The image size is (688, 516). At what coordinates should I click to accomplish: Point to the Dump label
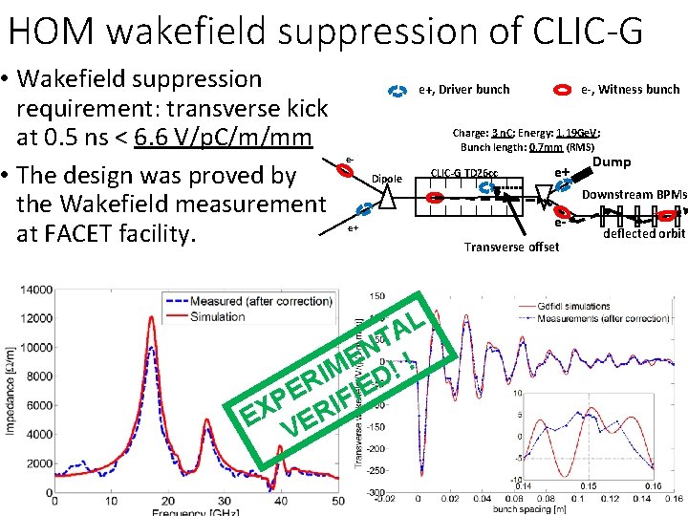[x=612, y=162]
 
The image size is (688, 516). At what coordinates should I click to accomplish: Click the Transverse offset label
[x=511, y=247]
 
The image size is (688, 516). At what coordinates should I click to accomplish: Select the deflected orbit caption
[x=644, y=233]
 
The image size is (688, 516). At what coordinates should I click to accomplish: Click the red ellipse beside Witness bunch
[x=565, y=90]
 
